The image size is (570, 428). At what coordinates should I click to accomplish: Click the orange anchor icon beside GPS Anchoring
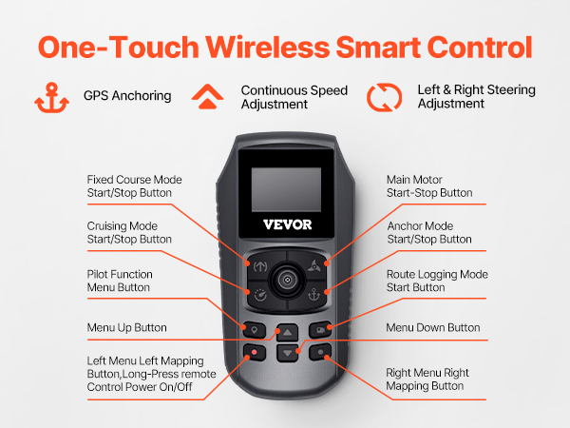(51, 97)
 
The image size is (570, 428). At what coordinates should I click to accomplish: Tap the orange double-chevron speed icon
(207, 96)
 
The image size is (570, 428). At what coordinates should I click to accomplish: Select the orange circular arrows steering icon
(384, 97)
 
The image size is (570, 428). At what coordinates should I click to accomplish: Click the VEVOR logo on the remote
(287, 224)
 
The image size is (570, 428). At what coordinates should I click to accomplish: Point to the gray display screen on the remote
(286, 189)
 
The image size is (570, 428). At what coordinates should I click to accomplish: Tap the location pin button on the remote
(254, 330)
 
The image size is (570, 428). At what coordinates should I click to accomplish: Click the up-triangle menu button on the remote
(287, 332)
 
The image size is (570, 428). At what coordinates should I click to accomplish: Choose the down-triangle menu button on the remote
(287, 353)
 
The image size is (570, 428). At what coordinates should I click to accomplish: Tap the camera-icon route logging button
(320, 330)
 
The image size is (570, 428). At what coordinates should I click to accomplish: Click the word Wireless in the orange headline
(268, 48)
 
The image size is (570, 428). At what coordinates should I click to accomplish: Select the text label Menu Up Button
(127, 327)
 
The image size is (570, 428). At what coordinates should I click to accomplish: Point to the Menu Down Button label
(432, 327)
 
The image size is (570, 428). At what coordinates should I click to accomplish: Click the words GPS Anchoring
(127, 96)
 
